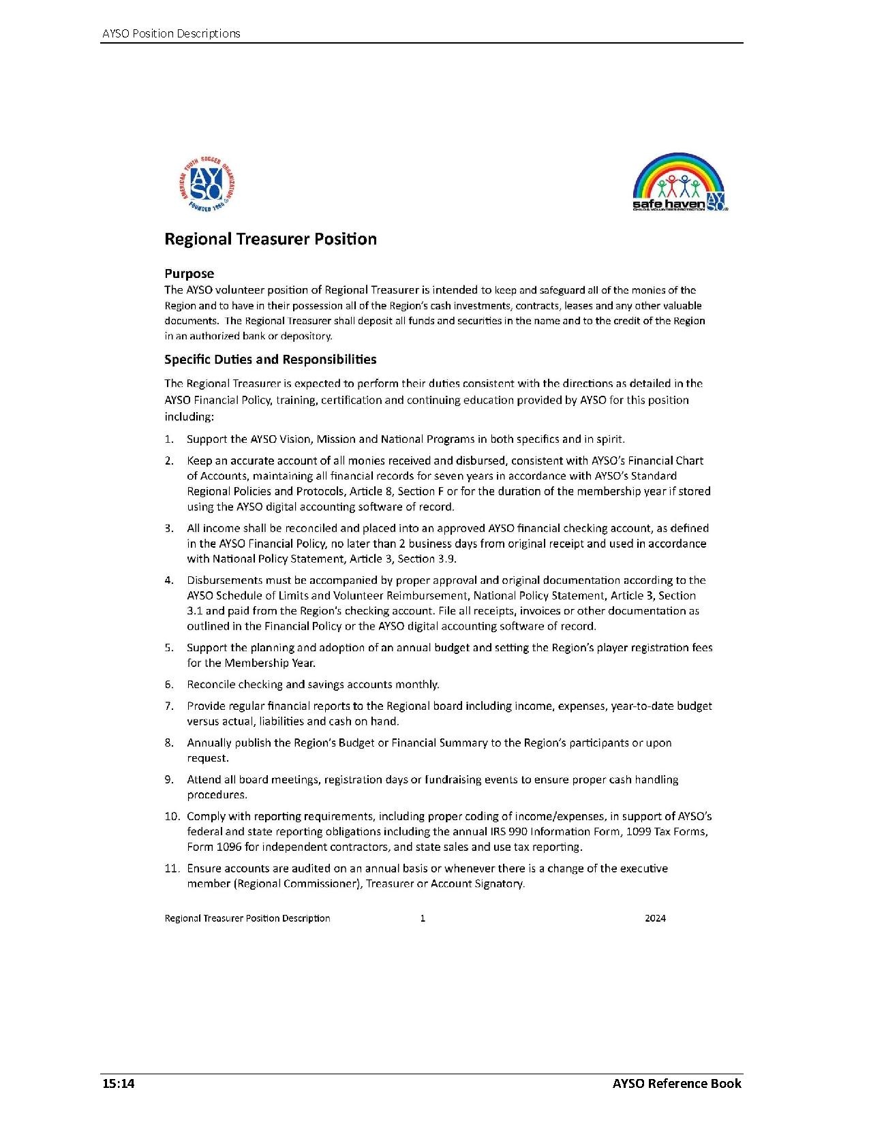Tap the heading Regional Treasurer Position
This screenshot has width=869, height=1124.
click(271, 239)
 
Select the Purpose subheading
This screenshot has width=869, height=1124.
click(189, 274)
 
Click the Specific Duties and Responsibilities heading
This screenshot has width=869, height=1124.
click(270, 359)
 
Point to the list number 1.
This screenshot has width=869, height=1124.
click(168, 439)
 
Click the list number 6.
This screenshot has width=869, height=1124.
click(168, 685)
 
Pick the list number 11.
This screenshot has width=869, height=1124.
click(171, 869)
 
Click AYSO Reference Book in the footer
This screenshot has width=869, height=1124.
click(676, 1084)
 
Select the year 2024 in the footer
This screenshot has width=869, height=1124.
click(655, 918)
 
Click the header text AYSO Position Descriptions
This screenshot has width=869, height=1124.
click(171, 33)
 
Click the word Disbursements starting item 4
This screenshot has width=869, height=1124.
click(222, 580)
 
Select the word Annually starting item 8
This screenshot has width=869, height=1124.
click(209, 743)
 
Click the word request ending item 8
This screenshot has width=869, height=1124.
click(207, 758)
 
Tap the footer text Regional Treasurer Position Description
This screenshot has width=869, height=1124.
click(247, 918)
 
